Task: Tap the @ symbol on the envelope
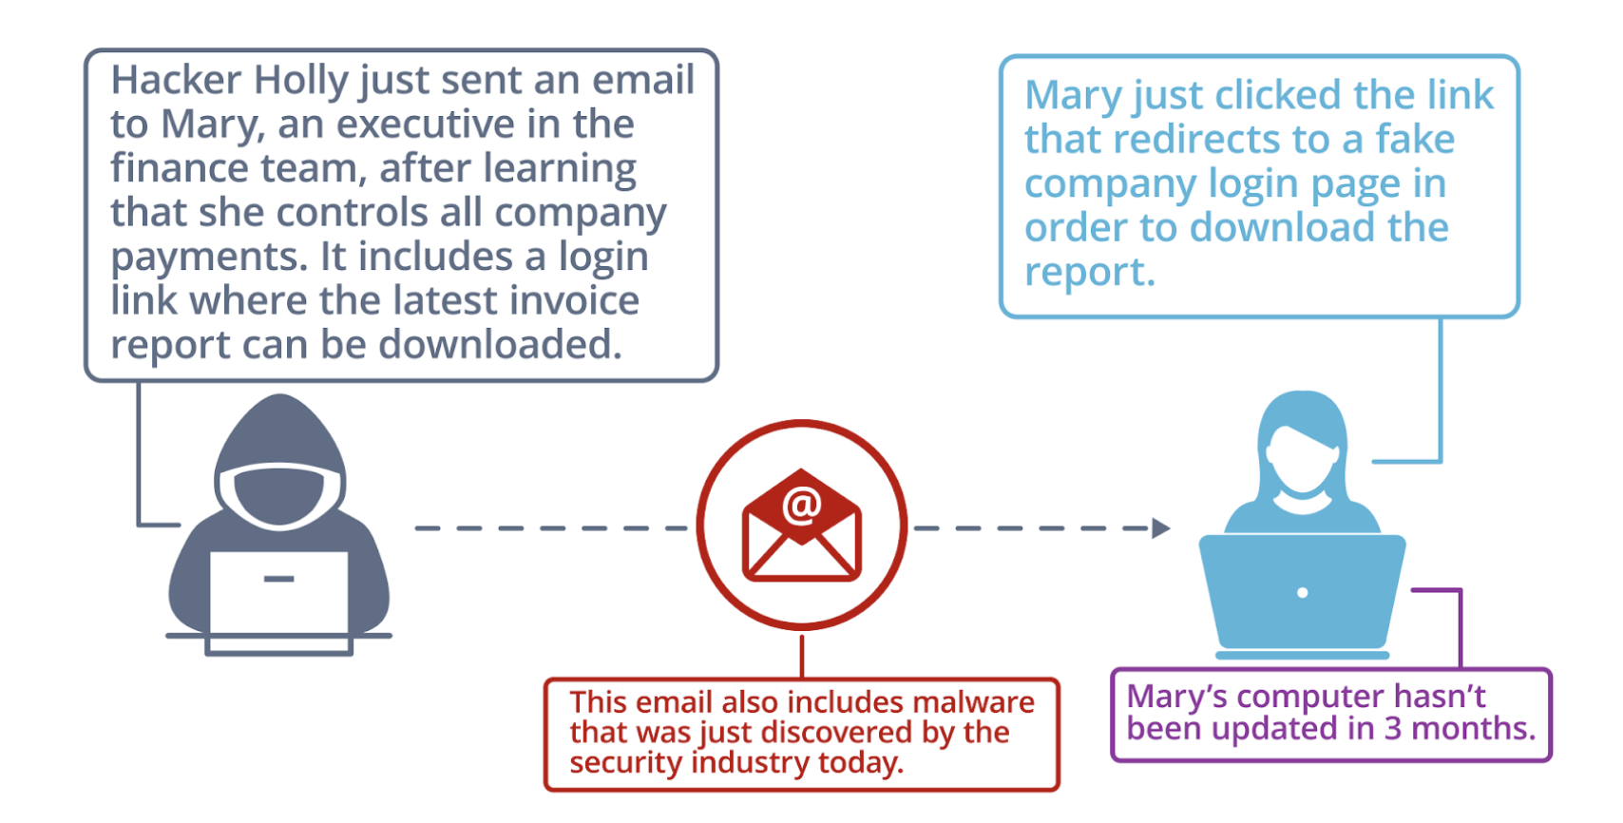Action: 802,506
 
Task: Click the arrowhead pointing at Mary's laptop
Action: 1160,528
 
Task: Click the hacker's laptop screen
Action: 278,594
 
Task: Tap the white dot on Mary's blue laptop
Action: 1302,593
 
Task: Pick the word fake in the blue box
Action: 1415,140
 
